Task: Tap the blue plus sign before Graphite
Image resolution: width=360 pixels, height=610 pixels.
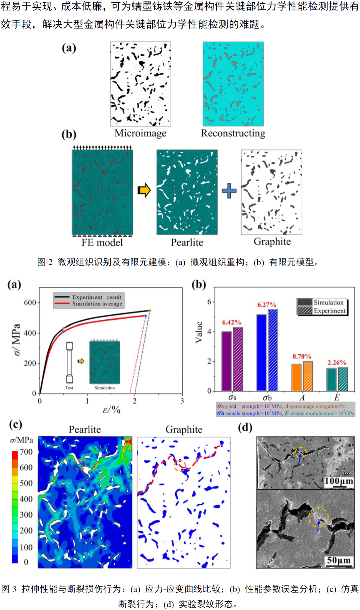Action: point(229,191)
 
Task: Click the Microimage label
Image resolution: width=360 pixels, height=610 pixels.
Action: point(140,133)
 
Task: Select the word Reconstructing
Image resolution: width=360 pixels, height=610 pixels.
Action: point(233,133)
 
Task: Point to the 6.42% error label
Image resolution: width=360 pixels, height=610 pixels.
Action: point(231,322)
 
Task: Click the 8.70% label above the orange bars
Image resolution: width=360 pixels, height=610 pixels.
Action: point(302,356)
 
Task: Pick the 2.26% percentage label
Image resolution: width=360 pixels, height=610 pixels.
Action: point(337,363)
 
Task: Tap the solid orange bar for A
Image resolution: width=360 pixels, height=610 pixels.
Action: point(296,377)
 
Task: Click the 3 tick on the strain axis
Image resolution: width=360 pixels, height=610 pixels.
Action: point(182,401)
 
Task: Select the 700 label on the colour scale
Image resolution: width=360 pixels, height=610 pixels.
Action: point(26,452)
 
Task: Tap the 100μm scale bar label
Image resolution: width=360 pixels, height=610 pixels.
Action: point(338,481)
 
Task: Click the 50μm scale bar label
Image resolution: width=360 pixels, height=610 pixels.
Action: point(338,560)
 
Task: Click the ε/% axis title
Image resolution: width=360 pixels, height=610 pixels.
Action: point(111,410)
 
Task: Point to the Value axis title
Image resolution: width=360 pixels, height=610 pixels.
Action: point(199,332)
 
